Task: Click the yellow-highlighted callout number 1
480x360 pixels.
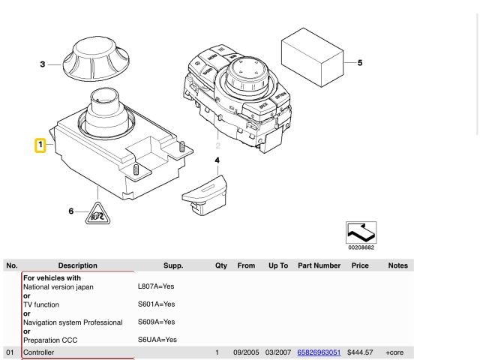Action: [x=40, y=145]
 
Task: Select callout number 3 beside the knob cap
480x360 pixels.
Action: [x=43, y=64]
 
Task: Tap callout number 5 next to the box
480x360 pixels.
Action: [x=360, y=63]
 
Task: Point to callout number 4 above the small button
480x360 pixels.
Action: [x=217, y=160]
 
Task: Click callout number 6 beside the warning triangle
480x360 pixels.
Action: [x=71, y=211]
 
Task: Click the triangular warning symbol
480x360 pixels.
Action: [x=97, y=214]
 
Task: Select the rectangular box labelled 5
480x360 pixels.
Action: [x=312, y=57]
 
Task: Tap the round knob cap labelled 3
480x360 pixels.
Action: [x=96, y=58]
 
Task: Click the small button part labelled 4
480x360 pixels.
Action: [x=205, y=195]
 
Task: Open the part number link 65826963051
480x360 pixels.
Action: [x=319, y=352]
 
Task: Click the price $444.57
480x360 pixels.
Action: [x=360, y=352]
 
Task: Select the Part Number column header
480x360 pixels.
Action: [x=319, y=265]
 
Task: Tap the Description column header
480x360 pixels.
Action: [x=78, y=265]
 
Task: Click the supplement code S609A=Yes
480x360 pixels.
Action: [x=157, y=322]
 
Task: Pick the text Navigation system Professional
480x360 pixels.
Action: [x=73, y=322]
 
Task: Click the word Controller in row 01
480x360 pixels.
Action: [x=38, y=352]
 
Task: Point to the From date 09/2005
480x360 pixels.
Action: [x=246, y=352]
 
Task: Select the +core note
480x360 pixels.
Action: [x=394, y=352]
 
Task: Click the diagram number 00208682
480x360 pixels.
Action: [x=361, y=247]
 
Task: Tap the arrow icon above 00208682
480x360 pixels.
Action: [x=361, y=232]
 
